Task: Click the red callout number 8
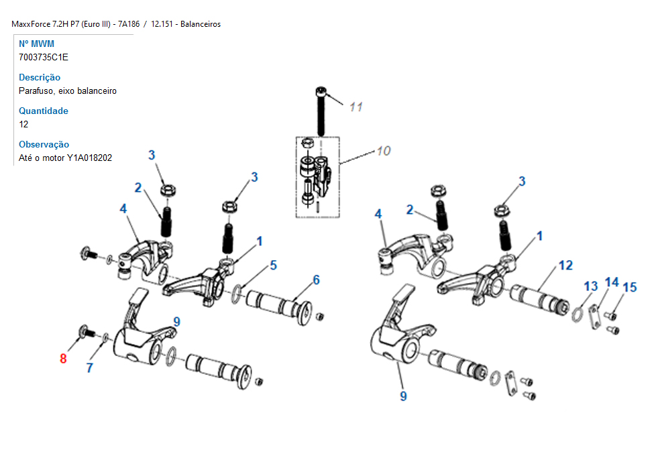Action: [x=63, y=358]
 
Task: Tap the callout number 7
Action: [x=89, y=368]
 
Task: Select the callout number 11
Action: [x=356, y=107]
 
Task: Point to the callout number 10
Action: [x=384, y=151]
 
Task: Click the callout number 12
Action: [x=565, y=266]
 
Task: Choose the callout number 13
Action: [x=591, y=286]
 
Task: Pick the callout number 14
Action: [x=612, y=282]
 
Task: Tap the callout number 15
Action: [x=630, y=288]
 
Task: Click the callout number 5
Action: [x=274, y=266]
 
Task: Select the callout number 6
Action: [x=317, y=280]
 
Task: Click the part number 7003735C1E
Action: [x=43, y=57]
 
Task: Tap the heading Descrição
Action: [x=40, y=77]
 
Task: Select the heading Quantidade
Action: [x=43, y=111]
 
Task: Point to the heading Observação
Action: [x=44, y=144]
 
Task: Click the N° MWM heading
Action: [x=36, y=44]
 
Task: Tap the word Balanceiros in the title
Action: [x=201, y=24]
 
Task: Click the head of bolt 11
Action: [x=321, y=91]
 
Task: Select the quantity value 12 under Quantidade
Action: [x=23, y=124]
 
